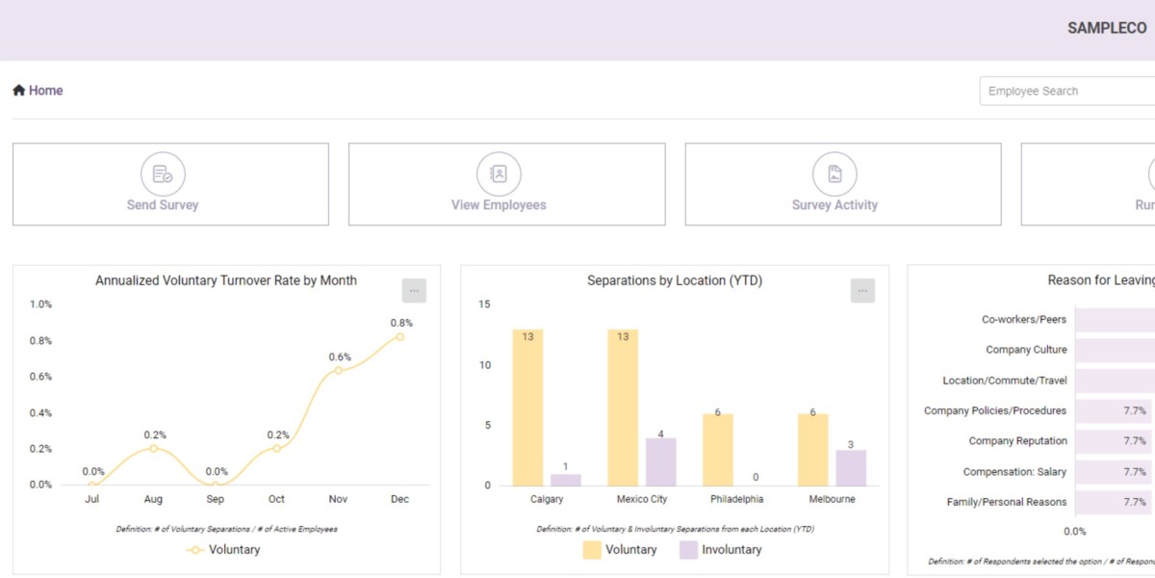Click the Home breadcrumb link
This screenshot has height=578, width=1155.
tap(38, 91)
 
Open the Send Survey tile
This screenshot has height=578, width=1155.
tap(170, 184)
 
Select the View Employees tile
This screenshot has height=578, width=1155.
tap(506, 184)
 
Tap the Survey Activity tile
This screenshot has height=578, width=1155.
tap(842, 184)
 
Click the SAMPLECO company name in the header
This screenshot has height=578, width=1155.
tap(1107, 28)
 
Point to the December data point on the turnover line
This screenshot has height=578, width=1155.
tap(399, 336)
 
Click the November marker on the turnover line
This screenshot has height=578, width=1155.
tap(338, 370)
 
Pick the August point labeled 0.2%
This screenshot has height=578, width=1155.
tap(153, 448)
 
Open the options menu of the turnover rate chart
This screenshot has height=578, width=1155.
tap(414, 291)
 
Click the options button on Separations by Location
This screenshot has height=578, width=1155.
tap(862, 291)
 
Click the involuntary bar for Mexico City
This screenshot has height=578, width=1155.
tap(660, 461)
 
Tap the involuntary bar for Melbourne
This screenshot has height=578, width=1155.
tap(851, 467)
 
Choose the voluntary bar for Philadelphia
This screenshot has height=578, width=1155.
tap(718, 449)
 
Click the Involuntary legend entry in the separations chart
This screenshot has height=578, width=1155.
tap(720, 550)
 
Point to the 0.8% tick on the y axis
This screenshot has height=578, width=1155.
tap(40, 340)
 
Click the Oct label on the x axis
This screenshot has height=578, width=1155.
tap(276, 499)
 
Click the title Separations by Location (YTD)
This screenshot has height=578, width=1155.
tap(675, 280)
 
